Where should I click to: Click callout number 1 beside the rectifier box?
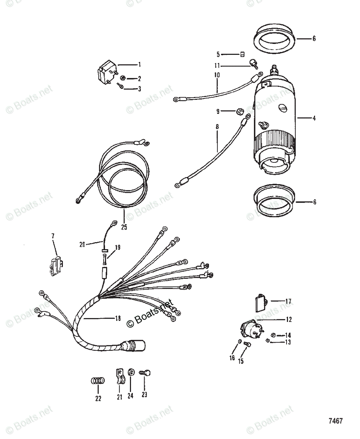pyautogui.click(x=139, y=65)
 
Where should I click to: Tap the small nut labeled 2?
pyautogui.click(x=123, y=78)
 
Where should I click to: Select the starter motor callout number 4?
pyautogui.click(x=314, y=118)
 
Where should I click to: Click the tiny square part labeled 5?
pyautogui.click(x=242, y=55)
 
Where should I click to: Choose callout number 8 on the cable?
pyautogui.click(x=217, y=127)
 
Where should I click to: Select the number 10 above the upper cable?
pyautogui.click(x=217, y=75)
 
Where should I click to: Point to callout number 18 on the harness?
pyautogui.click(x=117, y=319)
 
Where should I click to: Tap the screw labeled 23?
pyautogui.click(x=145, y=373)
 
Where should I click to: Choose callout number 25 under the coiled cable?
pyautogui.click(x=124, y=227)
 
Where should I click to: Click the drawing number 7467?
pyautogui.click(x=335, y=421)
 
